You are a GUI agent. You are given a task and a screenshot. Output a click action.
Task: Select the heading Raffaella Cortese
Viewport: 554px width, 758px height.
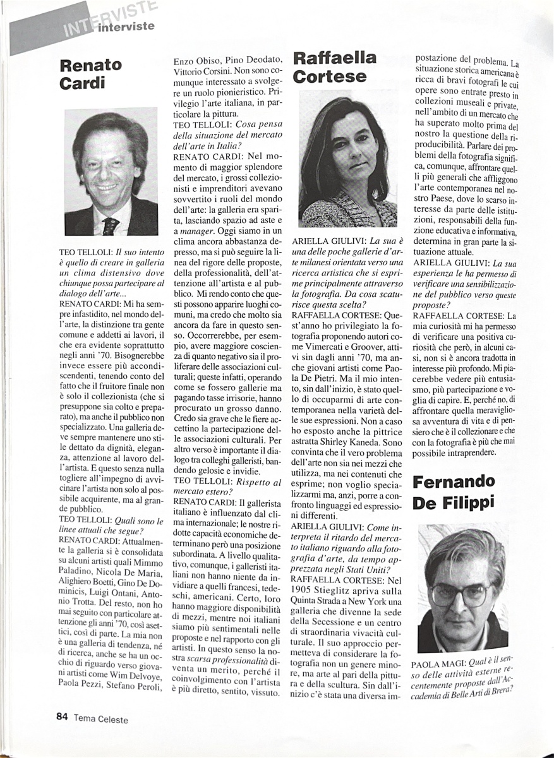click(334, 68)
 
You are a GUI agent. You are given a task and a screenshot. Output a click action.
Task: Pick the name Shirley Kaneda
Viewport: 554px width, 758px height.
click(373, 443)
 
